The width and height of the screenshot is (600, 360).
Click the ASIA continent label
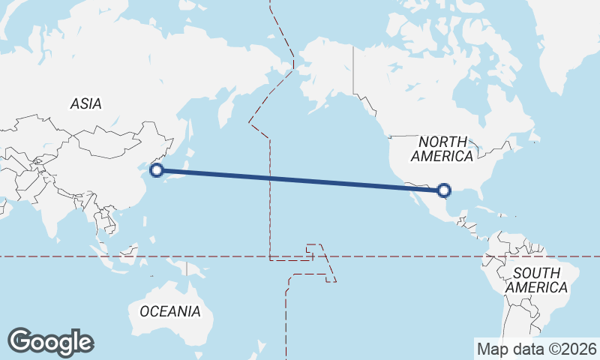(x=86, y=104)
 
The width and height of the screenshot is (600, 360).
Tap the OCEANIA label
(x=169, y=310)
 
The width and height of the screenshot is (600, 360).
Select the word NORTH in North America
(x=442, y=142)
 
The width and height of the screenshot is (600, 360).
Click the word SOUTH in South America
(x=536, y=273)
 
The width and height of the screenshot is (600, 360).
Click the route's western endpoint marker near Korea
(x=157, y=170)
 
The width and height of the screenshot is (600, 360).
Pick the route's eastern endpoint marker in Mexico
(x=444, y=190)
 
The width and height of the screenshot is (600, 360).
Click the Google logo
(x=50, y=342)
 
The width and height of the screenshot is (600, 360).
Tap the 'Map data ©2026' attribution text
(x=536, y=349)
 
